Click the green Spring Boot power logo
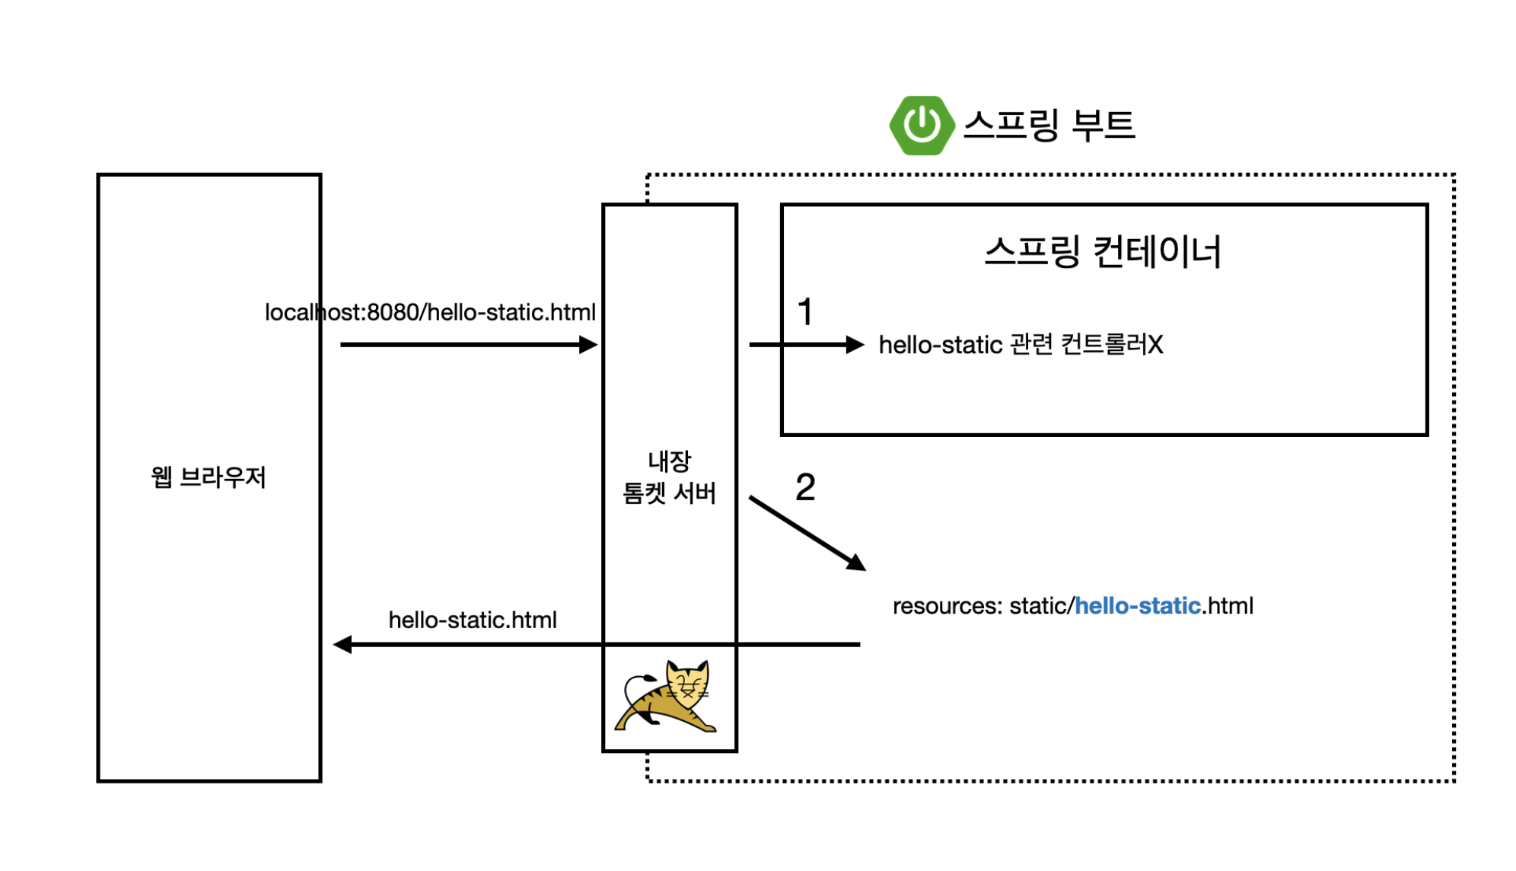tap(921, 125)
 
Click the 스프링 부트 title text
tap(1049, 125)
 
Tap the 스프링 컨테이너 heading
tap(1102, 251)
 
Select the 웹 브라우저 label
tap(209, 477)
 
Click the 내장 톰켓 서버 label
tap(669, 477)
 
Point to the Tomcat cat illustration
tap(667, 697)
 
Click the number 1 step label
tap(805, 312)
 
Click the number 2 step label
tap(805, 487)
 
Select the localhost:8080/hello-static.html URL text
tap(430, 312)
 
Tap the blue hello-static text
tap(1137, 606)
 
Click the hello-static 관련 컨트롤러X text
tap(1021, 345)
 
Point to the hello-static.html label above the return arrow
tap(472, 621)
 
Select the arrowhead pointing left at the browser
tap(343, 645)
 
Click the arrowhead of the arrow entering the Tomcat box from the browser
tap(588, 345)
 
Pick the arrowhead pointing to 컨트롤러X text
tap(855, 345)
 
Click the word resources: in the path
tap(947, 606)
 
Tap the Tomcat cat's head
tap(687, 680)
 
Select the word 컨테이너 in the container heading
tap(1157, 251)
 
